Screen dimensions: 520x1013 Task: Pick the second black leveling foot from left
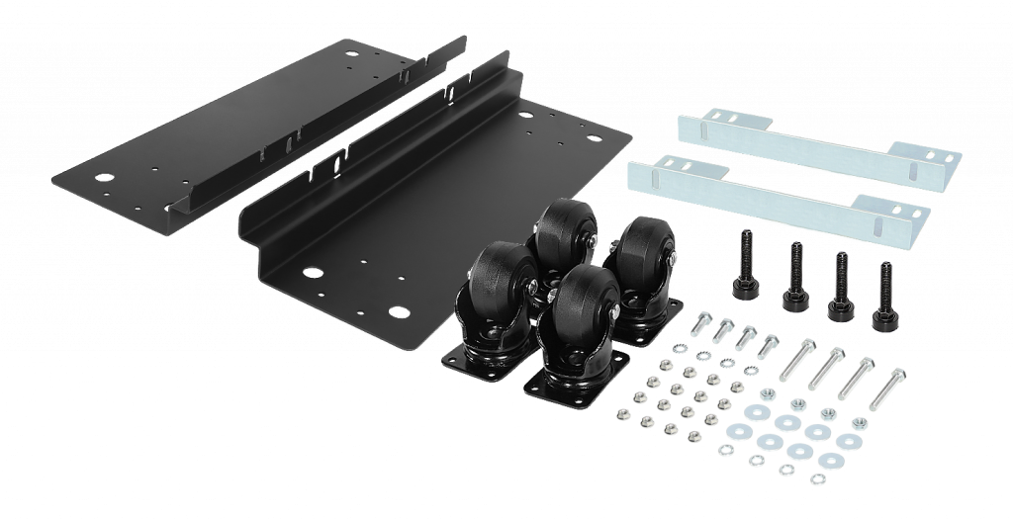coord(792,276)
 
